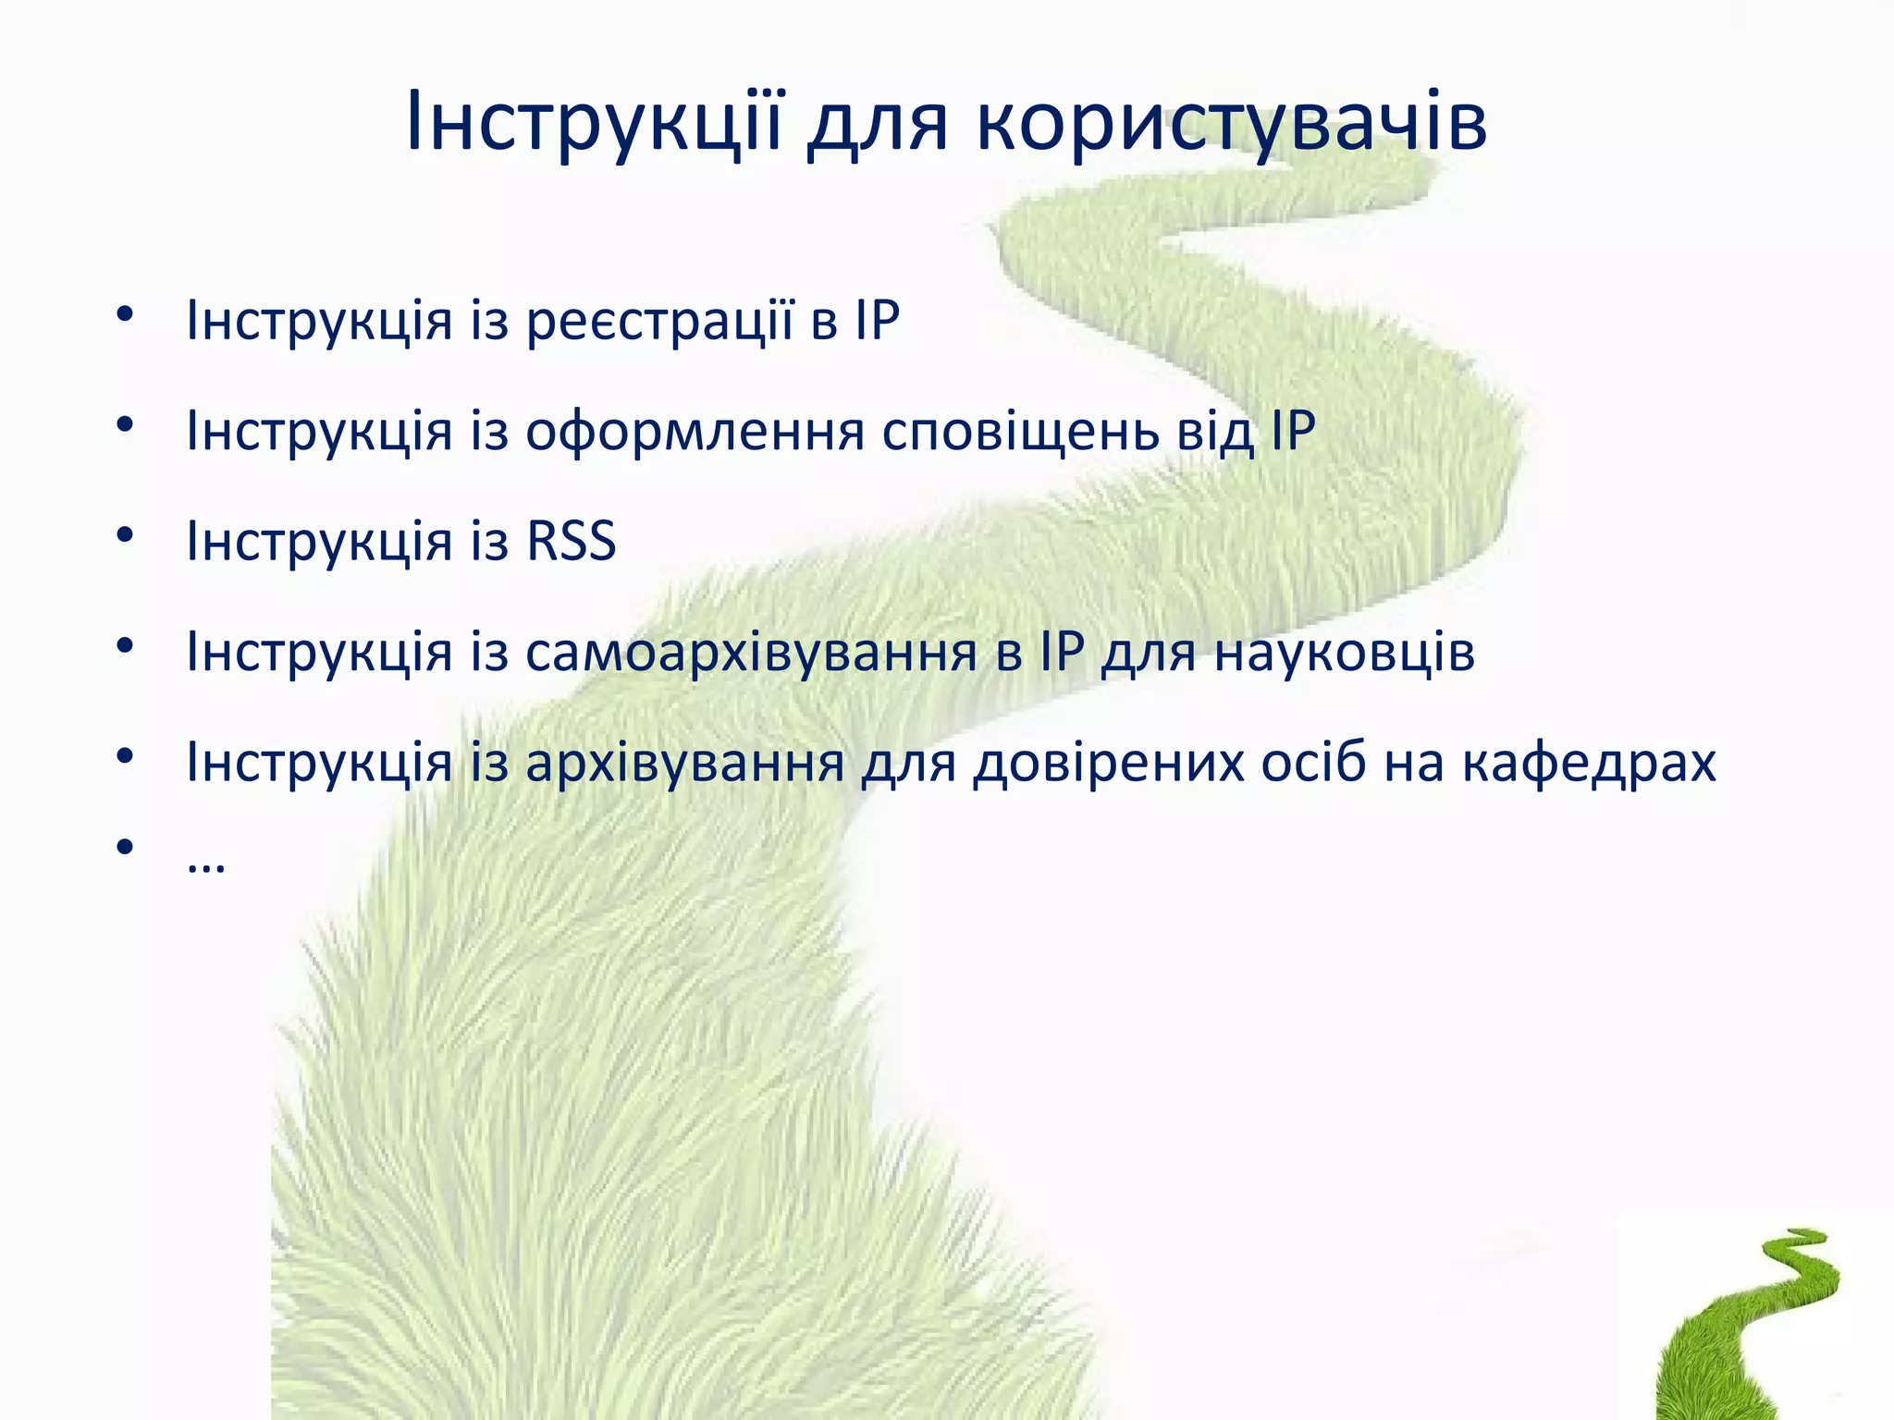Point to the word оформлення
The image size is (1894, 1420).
tap(695, 432)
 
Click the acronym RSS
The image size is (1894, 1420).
tap(571, 541)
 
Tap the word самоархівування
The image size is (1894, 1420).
tap(751, 652)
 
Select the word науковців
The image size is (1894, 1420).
tap(1344, 652)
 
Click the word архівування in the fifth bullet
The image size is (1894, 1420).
tap(685, 763)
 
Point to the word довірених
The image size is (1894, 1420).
tap(1108, 763)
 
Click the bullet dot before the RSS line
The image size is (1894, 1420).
tap(126, 535)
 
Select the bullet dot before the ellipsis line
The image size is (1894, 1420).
tap(126, 846)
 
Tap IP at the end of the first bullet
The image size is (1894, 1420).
tap(877, 321)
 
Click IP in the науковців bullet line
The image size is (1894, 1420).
tap(1061, 652)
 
